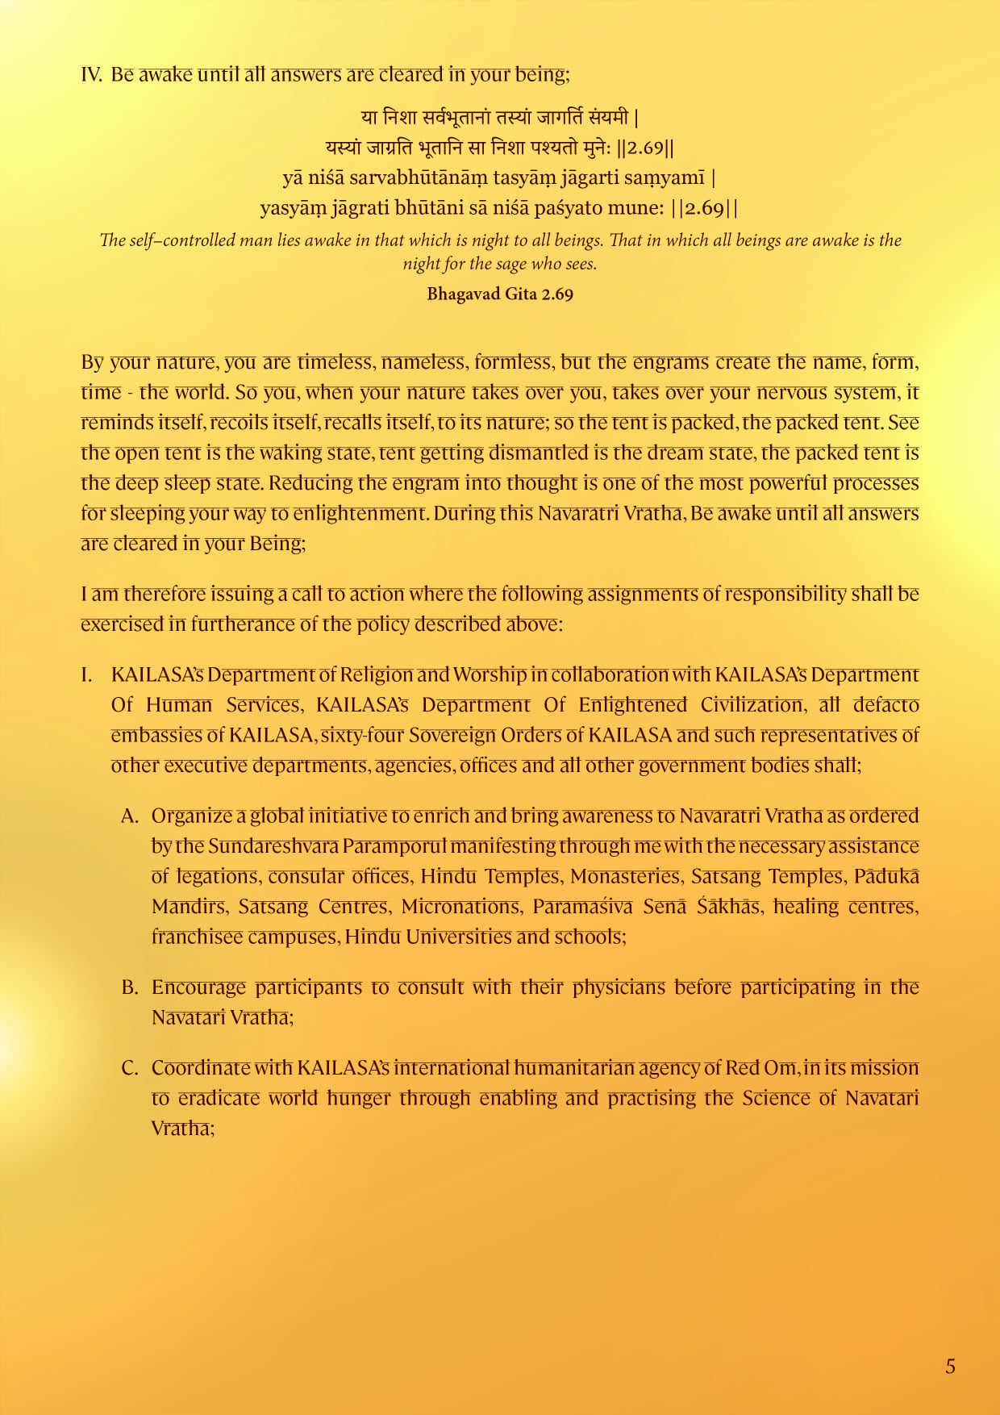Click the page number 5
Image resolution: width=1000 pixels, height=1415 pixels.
point(950,1366)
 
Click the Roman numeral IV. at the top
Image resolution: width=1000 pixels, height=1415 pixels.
point(91,74)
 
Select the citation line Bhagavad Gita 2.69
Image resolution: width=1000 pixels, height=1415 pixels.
point(500,294)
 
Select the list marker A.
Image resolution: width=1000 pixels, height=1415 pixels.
point(131,816)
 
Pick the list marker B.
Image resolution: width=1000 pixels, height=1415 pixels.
point(131,987)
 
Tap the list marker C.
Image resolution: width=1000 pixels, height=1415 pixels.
point(131,1068)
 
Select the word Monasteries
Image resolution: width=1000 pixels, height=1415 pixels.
point(625,877)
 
